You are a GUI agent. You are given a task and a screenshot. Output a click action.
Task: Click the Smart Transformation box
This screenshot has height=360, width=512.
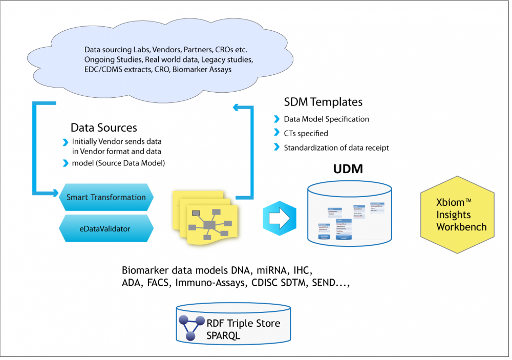click(106, 197)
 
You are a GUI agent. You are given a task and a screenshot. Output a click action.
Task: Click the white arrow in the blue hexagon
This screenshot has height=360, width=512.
click(279, 218)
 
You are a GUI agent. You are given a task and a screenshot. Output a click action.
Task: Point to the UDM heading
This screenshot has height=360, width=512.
click(348, 169)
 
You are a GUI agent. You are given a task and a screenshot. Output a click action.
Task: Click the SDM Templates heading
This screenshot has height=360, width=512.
click(323, 102)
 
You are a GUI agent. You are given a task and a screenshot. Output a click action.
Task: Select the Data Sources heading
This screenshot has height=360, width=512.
click(104, 128)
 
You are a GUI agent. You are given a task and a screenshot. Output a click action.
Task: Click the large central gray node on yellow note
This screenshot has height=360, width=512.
click(209, 224)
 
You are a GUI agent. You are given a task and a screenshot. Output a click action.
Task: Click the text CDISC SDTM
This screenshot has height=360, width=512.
click(277, 283)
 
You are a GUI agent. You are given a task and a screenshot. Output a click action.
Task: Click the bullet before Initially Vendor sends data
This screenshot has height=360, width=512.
click(65, 141)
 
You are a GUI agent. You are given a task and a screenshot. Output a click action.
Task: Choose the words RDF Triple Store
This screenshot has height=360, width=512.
click(243, 324)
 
